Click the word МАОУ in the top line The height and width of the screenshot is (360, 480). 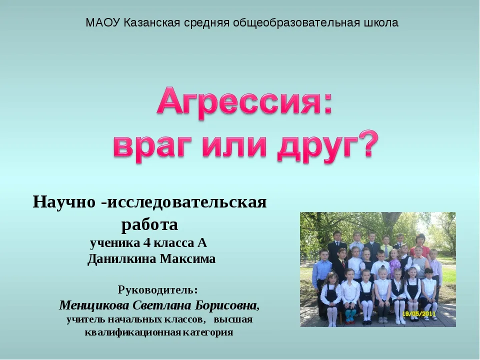103,22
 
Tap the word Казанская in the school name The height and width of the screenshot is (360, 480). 151,22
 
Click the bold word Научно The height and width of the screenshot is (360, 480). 63,202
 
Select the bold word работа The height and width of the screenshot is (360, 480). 149,224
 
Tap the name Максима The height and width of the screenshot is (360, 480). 187,259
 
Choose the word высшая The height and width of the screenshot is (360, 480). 233,319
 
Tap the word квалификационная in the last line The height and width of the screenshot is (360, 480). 132,332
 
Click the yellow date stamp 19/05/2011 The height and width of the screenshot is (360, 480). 418,314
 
